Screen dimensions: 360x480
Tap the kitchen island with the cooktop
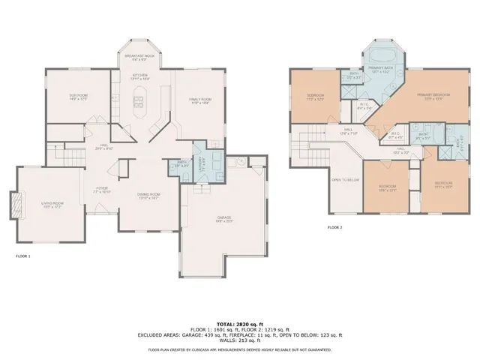(140, 99)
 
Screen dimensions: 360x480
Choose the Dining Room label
(148, 196)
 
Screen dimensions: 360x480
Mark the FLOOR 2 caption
(334, 226)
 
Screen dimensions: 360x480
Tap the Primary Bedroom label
(433, 96)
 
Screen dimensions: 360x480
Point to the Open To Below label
(345, 180)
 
